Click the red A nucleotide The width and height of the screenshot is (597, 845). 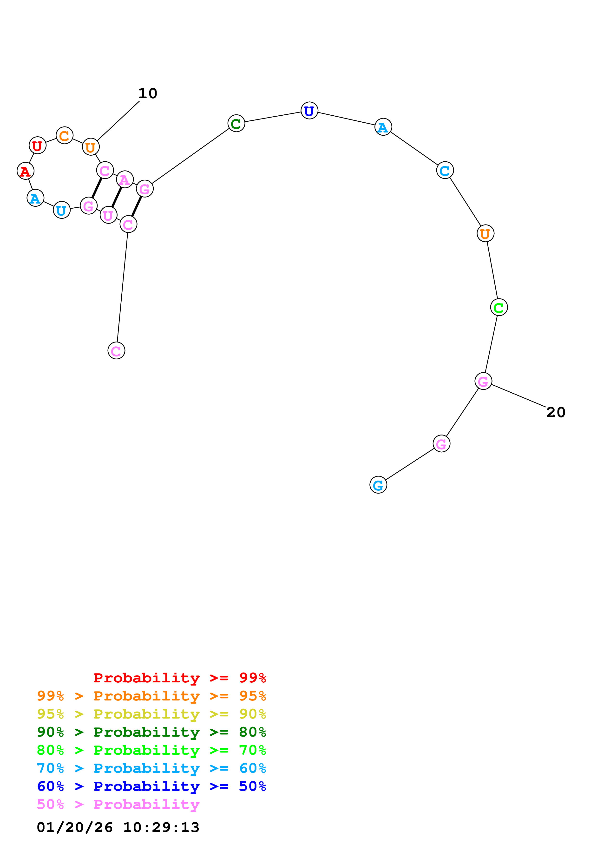coord(25,171)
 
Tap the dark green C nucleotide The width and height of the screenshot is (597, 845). coord(236,123)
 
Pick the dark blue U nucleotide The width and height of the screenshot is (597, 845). coord(309,110)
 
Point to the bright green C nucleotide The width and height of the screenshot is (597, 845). coord(499,307)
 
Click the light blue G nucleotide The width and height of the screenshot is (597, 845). coord(378,485)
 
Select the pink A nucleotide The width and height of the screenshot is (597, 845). coord(125,180)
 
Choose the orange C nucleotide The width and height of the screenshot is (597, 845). coord(64,135)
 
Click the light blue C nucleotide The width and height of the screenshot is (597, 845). coord(445,170)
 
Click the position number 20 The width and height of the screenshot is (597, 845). coord(555,412)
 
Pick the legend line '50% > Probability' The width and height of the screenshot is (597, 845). coord(118,805)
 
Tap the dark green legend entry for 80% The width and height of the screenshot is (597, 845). coord(151,732)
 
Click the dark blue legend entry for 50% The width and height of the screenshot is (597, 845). coord(151,786)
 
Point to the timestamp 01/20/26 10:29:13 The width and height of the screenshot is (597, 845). coord(118,827)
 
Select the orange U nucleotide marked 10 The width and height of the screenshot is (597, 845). coord(91,147)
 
